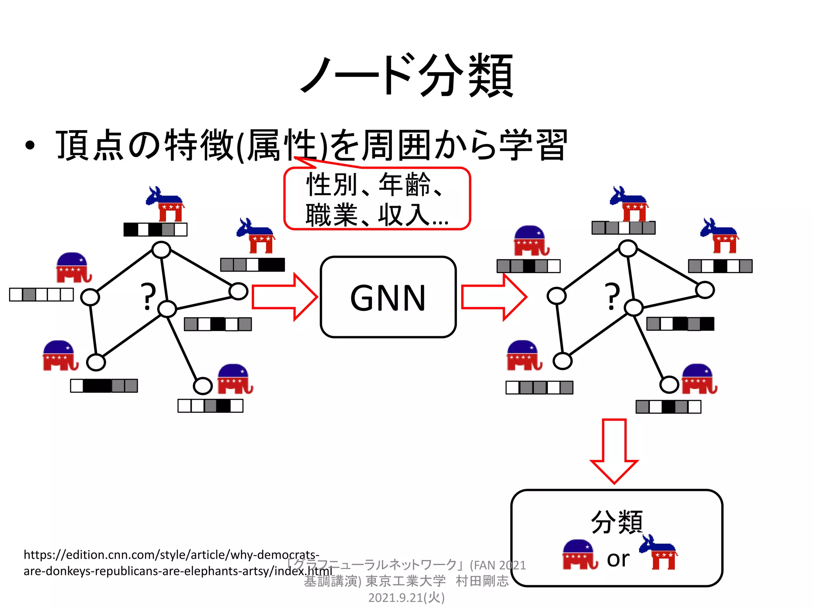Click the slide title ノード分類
point(407,75)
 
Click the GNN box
point(388,297)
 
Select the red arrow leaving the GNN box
point(494,297)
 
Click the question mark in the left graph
point(148,297)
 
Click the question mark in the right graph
point(612,297)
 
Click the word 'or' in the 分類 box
point(618,559)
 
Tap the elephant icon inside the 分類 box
point(579,554)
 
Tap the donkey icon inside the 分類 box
point(659,552)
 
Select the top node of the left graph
point(161,250)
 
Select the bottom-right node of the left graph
point(202,386)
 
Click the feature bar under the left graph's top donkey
point(155,230)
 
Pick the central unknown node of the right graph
point(634,308)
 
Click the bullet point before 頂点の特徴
point(30,146)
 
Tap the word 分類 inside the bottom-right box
point(616,522)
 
